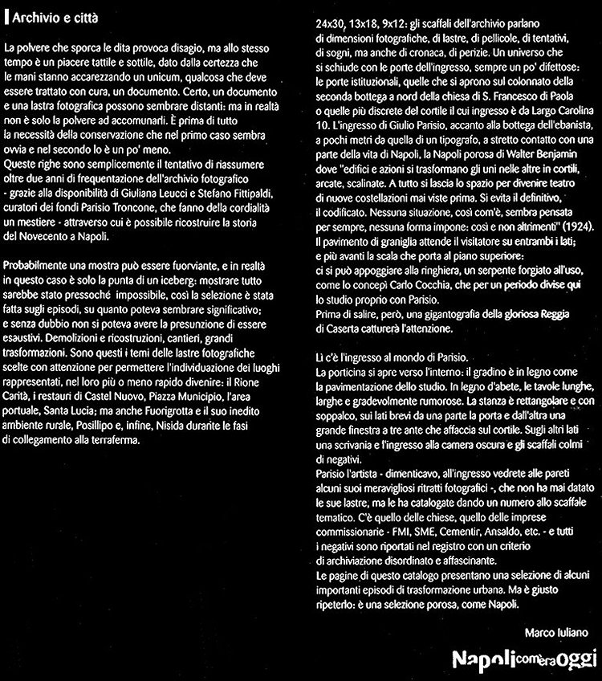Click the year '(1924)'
point(575,227)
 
